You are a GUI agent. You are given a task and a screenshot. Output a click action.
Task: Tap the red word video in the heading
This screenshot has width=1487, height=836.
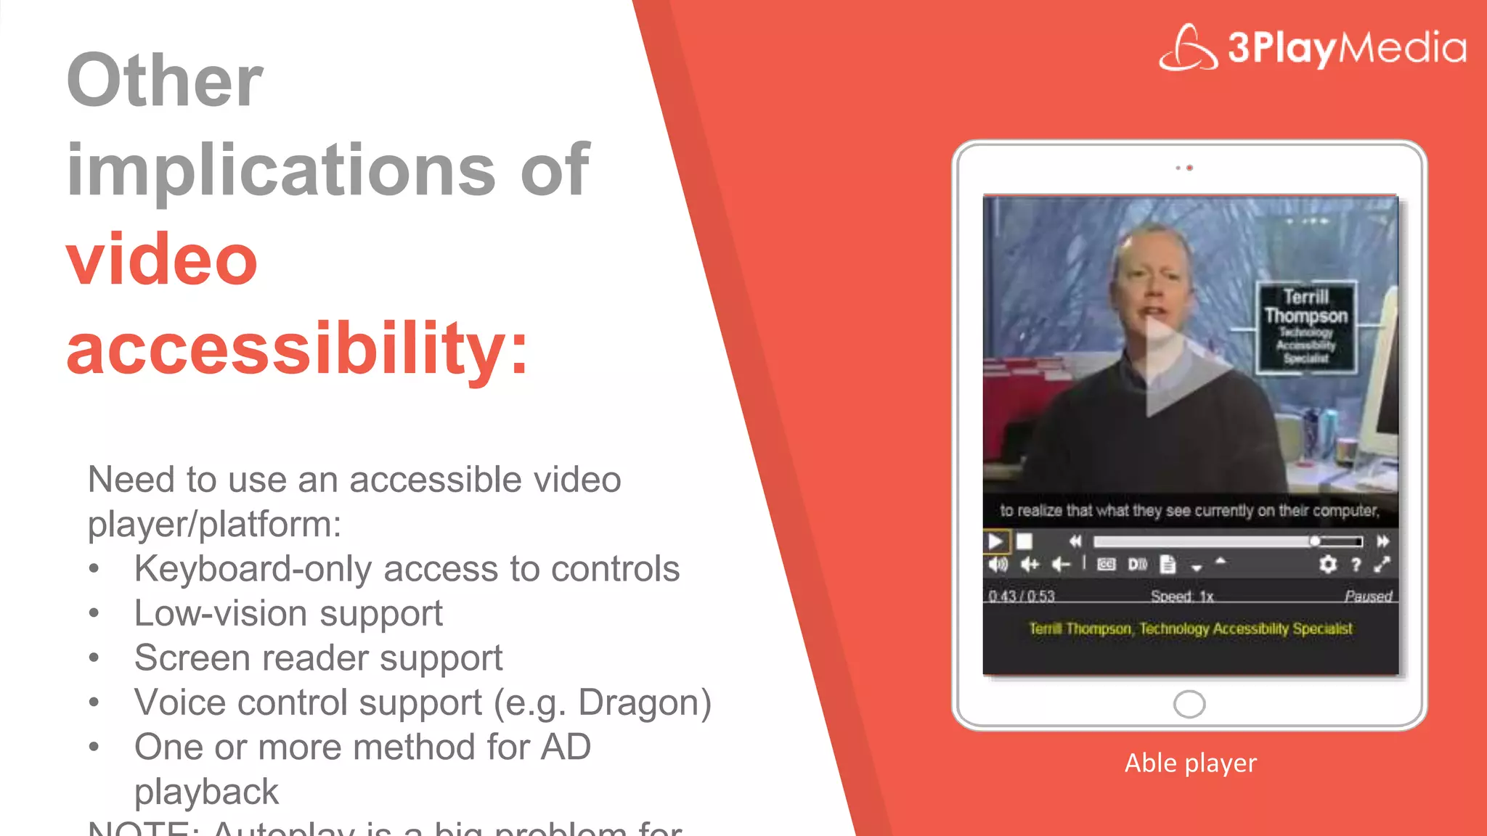tap(162, 259)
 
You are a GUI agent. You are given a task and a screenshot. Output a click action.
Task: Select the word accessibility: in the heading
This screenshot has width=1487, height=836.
tap(297, 348)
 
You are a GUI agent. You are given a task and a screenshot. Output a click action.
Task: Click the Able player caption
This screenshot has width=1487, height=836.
tap(1190, 763)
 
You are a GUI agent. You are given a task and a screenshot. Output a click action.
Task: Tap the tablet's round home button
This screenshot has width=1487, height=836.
tap(1189, 703)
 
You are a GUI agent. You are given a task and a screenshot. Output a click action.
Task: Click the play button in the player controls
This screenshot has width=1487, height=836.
tap(995, 541)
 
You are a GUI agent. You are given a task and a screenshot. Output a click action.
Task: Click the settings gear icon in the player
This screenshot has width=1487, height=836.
tap(1327, 564)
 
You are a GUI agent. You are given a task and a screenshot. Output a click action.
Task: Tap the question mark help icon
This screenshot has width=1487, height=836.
tap(1356, 564)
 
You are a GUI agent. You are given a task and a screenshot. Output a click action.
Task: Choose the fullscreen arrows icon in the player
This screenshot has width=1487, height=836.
tap(1382, 564)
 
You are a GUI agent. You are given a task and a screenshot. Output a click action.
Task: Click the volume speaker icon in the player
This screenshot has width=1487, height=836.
tap(998, 564)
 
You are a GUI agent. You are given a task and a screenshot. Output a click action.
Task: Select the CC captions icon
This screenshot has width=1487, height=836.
tap(1106, 564)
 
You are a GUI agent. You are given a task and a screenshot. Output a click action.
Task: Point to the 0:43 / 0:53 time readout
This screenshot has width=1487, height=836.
tap(1021, 596)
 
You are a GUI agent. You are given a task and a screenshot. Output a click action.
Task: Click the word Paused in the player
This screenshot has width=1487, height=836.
tap(1368, 596)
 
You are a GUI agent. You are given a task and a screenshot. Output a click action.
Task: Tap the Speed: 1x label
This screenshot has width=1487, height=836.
tap(1182, 596)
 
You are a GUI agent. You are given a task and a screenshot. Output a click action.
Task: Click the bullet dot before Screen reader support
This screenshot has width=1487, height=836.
tap(94, 658)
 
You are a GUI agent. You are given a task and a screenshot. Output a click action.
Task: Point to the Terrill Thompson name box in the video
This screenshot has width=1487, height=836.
tap(1305, 327)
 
